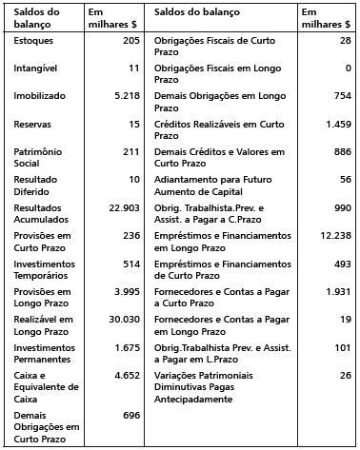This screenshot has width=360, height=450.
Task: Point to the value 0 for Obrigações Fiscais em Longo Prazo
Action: point(348,69)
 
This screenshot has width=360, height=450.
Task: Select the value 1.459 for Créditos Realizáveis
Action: point(338,125)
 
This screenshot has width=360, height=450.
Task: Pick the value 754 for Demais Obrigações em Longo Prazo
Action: point(343,97)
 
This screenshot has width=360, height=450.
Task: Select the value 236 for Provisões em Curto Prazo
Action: point(131,235)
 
